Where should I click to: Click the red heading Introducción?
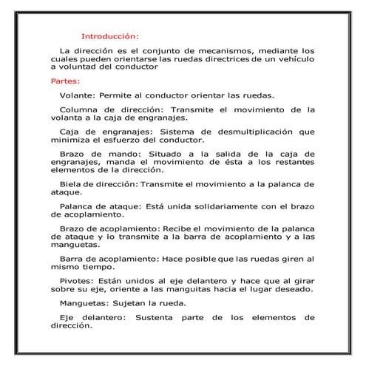[x=109, y=35]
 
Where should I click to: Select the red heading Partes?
[x=66, y=81]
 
